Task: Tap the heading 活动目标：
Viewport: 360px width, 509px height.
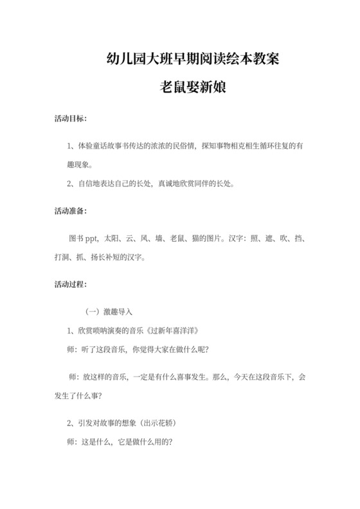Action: pyautogui.click(x=71, y=120)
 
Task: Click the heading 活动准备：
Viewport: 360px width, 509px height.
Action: pyautogui.click(x=71, y=211)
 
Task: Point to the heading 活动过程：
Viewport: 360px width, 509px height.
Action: pyautogui.click(x=71, y=284)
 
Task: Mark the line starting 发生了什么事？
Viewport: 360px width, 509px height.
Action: pyautogui.click(x=80, y=395)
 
